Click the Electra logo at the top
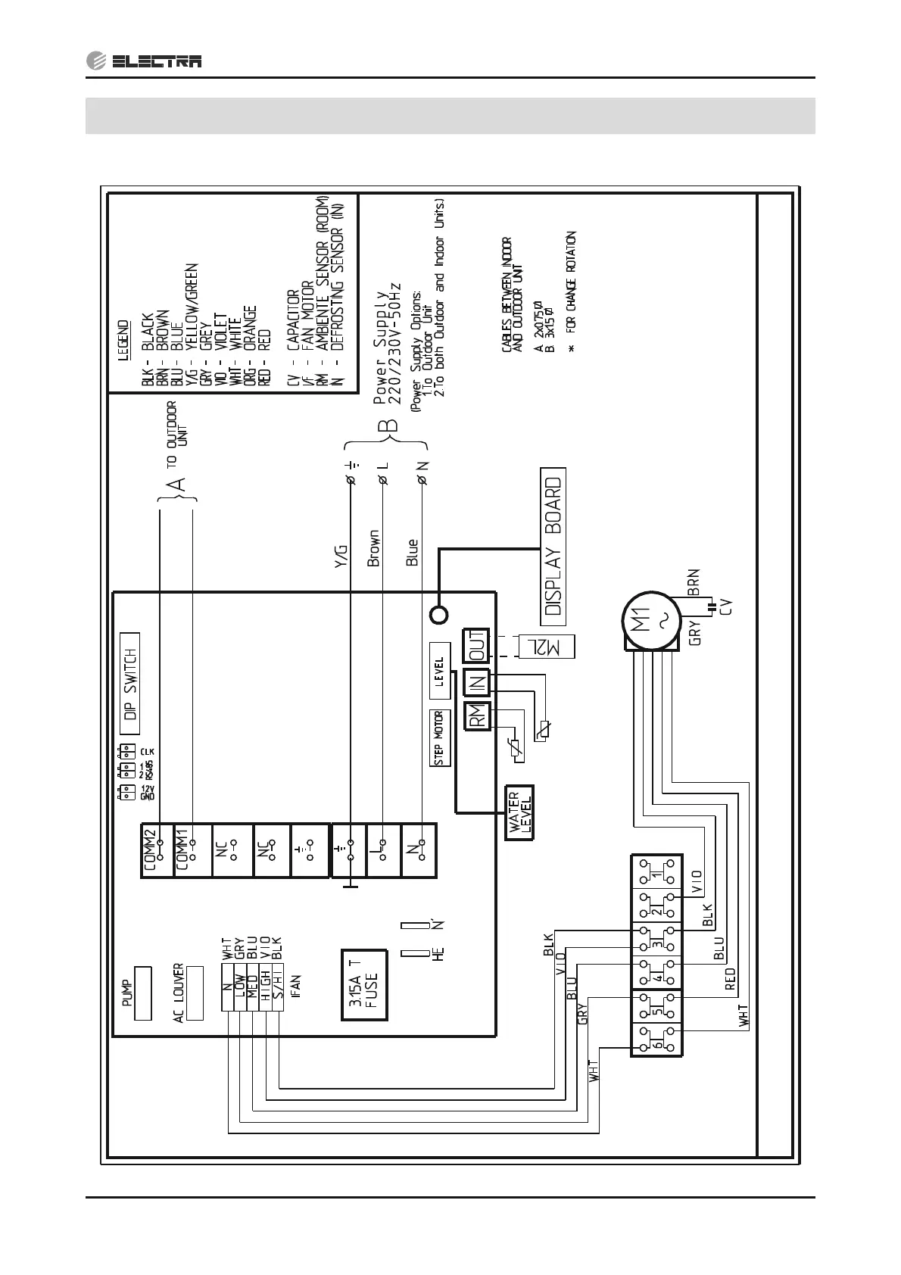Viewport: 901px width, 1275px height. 144,61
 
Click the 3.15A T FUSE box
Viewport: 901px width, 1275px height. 364,985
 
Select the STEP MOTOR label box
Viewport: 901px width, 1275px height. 439,738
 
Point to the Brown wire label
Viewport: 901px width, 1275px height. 373,548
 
